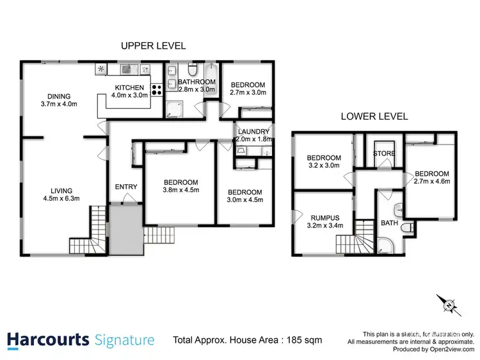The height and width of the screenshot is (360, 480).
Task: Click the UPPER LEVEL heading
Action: pos(153,46)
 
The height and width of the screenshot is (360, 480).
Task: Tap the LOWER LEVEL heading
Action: pos(374,117)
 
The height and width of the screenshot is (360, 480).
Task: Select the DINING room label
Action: pos(58,96)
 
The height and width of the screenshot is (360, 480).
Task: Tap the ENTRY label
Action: pos(125,187)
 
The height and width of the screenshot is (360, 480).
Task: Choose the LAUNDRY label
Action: pos(254,132)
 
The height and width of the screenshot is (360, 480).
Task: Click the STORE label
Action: pos(384,154)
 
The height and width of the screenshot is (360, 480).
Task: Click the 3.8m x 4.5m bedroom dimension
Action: pos(180,189)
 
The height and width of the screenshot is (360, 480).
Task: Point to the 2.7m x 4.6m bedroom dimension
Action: pos(432,182)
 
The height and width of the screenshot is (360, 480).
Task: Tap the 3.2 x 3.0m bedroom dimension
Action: pos(324,166)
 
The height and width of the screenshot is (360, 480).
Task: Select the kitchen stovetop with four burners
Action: pos(156,90)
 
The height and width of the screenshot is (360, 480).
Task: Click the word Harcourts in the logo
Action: pos(48,340)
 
